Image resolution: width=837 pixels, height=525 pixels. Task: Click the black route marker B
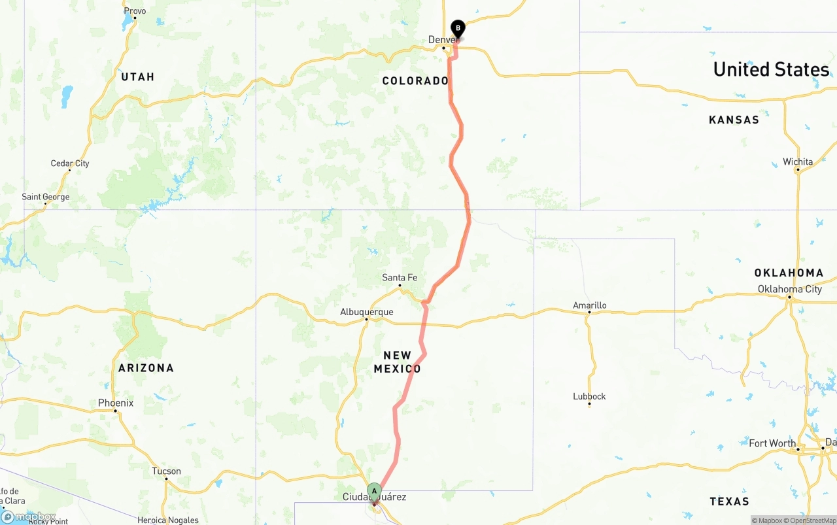458,28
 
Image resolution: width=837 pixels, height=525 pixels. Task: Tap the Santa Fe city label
400,278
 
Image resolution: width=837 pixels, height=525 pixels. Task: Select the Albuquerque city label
367,312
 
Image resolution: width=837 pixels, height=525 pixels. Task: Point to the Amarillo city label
589,305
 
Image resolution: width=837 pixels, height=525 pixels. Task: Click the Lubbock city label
589,396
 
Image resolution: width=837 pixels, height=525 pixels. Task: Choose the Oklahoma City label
790,289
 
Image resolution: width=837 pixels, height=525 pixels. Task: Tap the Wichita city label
798,162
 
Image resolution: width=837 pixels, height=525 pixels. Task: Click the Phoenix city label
116,403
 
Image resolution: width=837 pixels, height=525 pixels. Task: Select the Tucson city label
166,471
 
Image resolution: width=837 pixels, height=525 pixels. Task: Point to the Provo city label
135,11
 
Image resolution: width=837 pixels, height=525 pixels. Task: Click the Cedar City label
70,163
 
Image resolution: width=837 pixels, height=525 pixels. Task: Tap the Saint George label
46,197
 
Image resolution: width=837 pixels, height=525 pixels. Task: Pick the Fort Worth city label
772,443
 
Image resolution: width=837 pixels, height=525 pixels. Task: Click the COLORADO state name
415,81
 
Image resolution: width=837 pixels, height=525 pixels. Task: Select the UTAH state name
137,77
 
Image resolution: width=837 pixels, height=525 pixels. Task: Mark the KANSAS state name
734,120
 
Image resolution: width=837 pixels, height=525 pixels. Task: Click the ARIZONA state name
146,368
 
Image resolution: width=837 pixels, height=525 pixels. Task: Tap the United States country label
771,69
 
